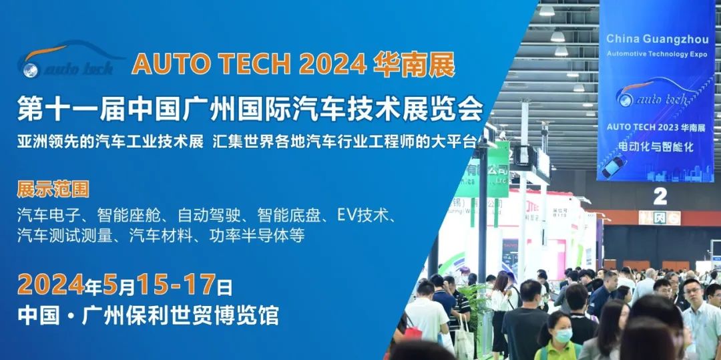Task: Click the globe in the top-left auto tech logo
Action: [29, 67]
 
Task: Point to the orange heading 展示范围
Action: [53, 189]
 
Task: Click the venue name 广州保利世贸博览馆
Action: [178, 315]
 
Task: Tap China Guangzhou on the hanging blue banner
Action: [655, 39]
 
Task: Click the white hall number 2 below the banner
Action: [660, 196]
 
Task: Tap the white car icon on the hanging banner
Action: [614, 165]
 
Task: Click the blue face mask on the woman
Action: [563, 336]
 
